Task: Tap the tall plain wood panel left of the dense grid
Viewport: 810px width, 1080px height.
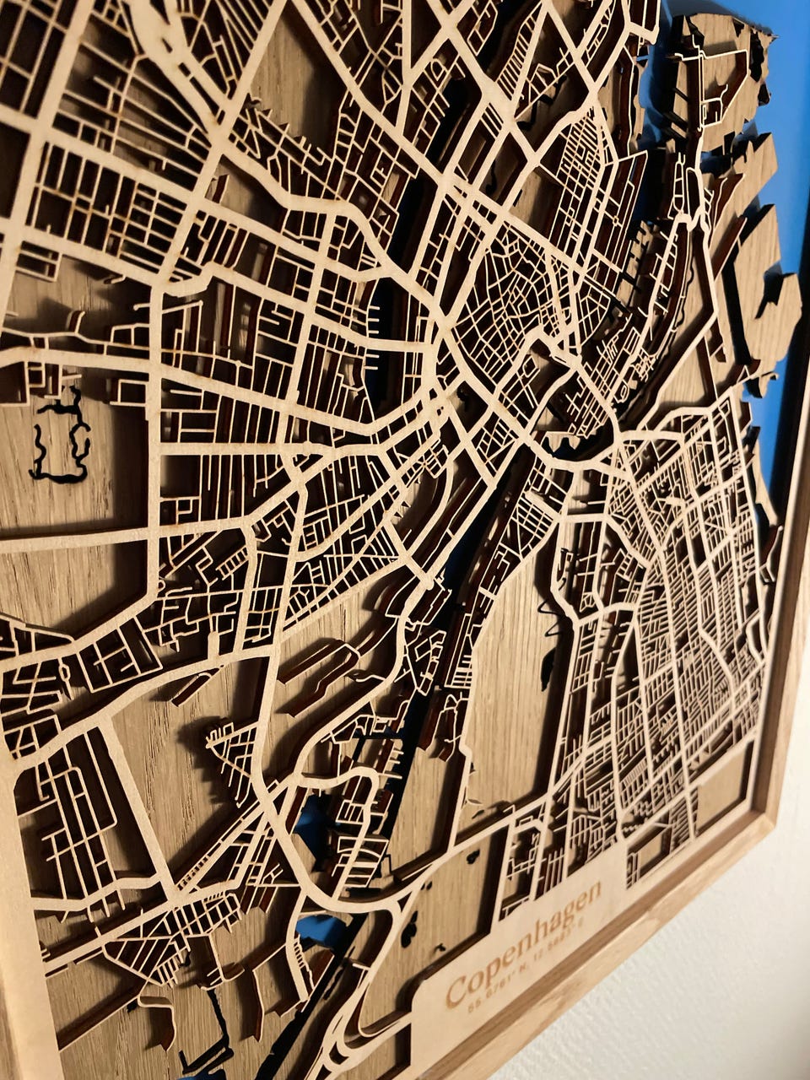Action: click(x=506, y=675)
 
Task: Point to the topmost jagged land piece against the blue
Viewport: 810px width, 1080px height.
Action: click(x=726, y=51)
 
